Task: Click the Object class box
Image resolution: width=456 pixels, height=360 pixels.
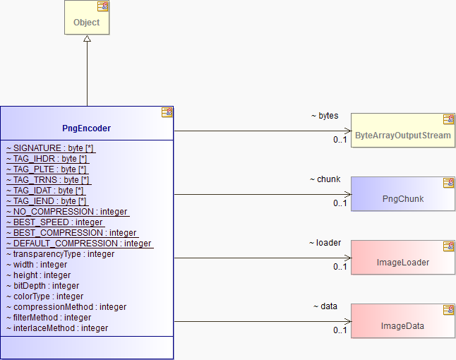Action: pyautogui.click(x=87, y=17)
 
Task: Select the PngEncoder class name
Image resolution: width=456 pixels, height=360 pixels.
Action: pyautogui.click(x=86, y=128)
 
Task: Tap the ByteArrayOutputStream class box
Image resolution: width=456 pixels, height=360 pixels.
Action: pyautogui.click(x=403, y=131)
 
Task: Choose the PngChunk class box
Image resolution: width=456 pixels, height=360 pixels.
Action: pyautogui.click(x=403, y=194)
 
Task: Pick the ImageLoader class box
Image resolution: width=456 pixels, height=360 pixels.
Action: pyautogui.click(x=403, y=258)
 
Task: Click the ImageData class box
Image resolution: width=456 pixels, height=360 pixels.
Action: pyautogui.click(x=403, y=321)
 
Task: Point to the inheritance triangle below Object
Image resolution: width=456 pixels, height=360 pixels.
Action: pyautogui.click(x=87, y=38)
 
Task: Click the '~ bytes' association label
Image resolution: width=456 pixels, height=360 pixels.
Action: pyautogui.click(x=325, y=116)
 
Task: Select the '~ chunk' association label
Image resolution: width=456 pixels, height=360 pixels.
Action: pyautogui.click(x=325, y=179)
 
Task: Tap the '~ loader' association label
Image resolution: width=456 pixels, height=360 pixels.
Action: pyautogui.click(x=325, y=243)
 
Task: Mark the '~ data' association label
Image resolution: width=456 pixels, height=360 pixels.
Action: pyautogui.click(x=325, y=306)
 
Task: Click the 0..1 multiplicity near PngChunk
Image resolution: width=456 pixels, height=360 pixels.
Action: pyautogui.click(x=340, y=203)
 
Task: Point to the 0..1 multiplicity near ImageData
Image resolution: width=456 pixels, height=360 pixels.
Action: pyautogui.click(x=340, y=330)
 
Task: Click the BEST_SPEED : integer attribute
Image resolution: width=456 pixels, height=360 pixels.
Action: pyautogui.click(x=54, y=222)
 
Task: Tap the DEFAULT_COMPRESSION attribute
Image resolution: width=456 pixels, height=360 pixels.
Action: pyautogui.click(x=79, y=244)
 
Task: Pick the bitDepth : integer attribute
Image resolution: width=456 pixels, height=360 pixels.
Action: pyautogui.click(x=43, y=286)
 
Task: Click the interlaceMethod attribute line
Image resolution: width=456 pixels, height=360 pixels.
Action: pyautogui.click(x=57, y=328)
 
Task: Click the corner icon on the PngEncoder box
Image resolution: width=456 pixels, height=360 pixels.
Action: pyautogui.click(x=167, y=112)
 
